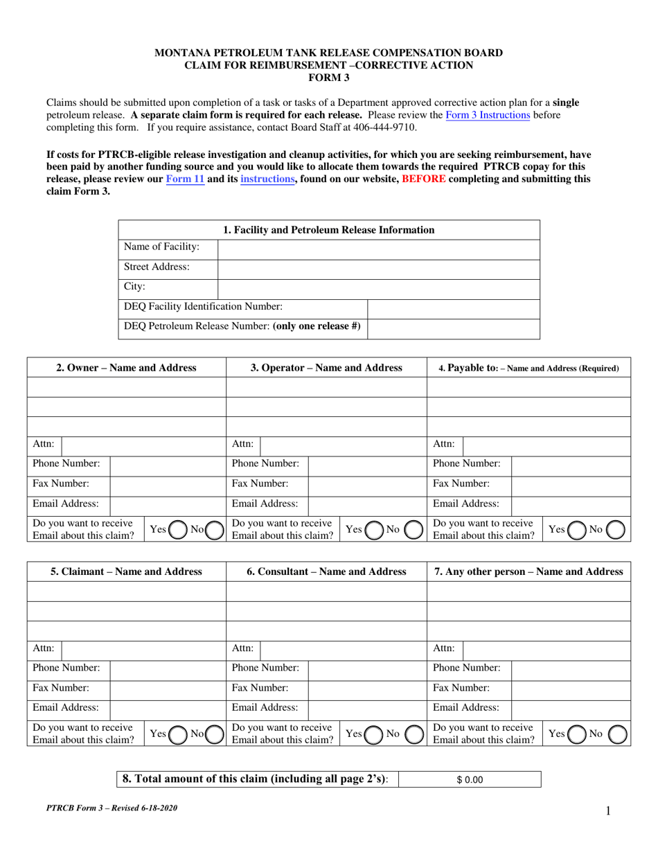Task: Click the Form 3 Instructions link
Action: [x=488, y=115]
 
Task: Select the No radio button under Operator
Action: [x=414, y=530]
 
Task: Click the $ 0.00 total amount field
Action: [x=470, y=779]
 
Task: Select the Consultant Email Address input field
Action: [x=367, y=708]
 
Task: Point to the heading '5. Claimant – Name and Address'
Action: [x=127, y=571]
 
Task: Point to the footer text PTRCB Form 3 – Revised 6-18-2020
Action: [x=116, y=808]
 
